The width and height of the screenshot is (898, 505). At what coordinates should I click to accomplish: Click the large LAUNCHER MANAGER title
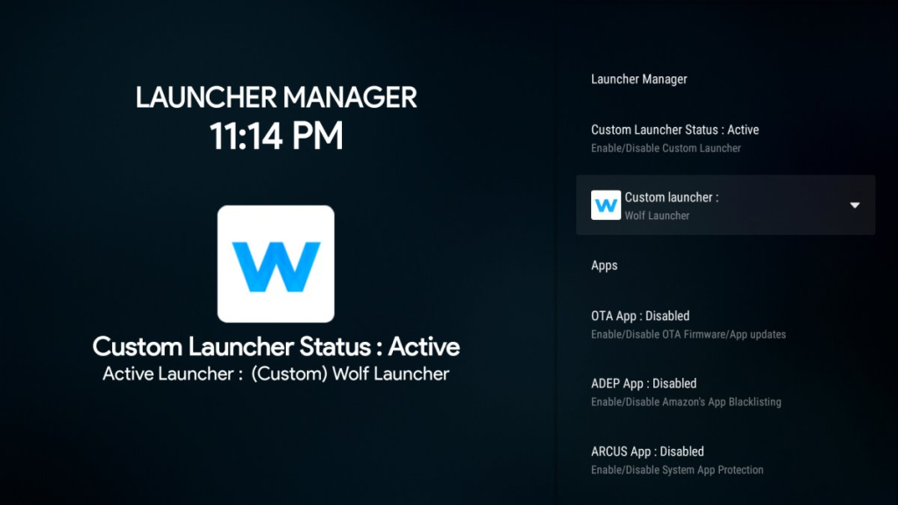[276, 97]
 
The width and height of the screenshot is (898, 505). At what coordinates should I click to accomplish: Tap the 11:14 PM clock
[276, 136]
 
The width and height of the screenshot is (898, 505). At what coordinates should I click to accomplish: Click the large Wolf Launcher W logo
[276, 264]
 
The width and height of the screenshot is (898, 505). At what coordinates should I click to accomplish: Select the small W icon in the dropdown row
[606, 205]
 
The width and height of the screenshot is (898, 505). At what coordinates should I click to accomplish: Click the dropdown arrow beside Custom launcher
[854, 205]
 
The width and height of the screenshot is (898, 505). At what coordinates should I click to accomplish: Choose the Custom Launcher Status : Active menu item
[674, 130]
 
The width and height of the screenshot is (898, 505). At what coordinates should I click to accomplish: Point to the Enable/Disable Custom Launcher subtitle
[666, 148]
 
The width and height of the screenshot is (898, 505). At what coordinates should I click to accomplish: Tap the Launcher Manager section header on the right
[639, 79]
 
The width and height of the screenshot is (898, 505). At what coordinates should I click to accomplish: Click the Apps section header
[604, 266]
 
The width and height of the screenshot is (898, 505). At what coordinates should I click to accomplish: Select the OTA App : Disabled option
[640, 316]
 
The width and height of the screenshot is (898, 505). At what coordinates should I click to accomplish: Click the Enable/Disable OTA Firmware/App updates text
[688, 334]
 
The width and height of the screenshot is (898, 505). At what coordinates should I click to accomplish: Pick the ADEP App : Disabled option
[644, 384]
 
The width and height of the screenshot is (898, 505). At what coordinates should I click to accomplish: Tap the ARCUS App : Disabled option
[647, 452]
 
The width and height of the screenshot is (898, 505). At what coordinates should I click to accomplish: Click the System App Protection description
[712, 470]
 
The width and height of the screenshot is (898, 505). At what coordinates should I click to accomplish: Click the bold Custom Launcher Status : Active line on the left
[276, 347]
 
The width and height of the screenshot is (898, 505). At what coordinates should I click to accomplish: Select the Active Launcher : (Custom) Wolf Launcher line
[276, 373]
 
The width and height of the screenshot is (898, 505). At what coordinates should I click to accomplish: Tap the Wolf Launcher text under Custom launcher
[657, 216]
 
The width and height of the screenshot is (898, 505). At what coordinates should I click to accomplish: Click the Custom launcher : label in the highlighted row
[671, 197]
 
